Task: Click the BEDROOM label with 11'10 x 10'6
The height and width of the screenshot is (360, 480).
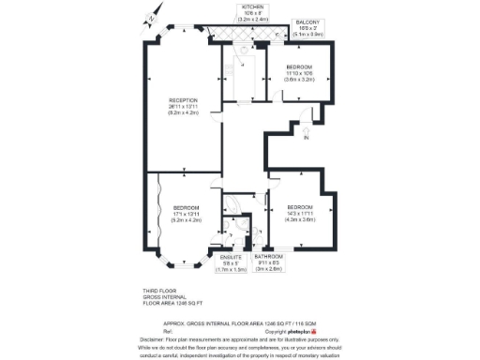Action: click(x=300, y=67)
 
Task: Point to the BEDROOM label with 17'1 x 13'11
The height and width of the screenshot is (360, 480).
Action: click(x=186, y=207)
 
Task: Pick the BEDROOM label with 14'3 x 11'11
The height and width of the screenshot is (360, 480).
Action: click(x=300, y=207)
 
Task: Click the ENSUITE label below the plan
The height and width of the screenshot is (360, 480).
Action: click(x=231, y=257)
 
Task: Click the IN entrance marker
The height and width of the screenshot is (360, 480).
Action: click(x=306, y=139)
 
